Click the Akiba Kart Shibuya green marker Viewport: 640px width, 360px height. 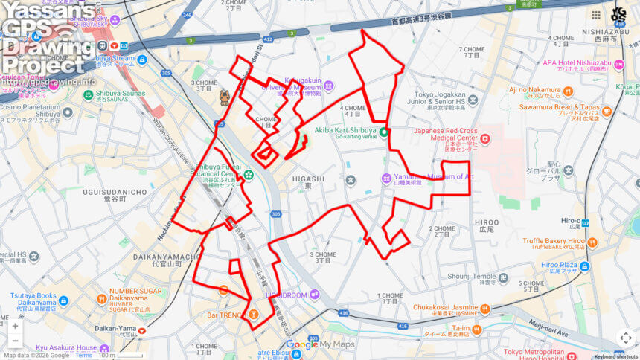coord(384,132)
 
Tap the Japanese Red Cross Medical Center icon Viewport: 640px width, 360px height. coord(485,138)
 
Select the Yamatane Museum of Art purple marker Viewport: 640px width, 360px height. coord(386,179)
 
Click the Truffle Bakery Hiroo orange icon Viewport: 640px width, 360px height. coord(593,242)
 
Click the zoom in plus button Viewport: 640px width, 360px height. coord(15,326)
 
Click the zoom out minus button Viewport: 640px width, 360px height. coord(15,341)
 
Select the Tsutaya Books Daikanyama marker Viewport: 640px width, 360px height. coord(63,301)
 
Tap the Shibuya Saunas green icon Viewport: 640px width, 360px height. coord(88,94)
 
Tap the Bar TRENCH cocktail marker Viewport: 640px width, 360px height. coord(254,315)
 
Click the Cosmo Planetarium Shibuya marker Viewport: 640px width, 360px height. coord(68,113)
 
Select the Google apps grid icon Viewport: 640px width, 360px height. coord(595,15)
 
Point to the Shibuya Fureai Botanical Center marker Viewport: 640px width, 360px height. coord(248,176)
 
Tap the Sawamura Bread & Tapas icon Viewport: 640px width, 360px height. coord(607,112)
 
